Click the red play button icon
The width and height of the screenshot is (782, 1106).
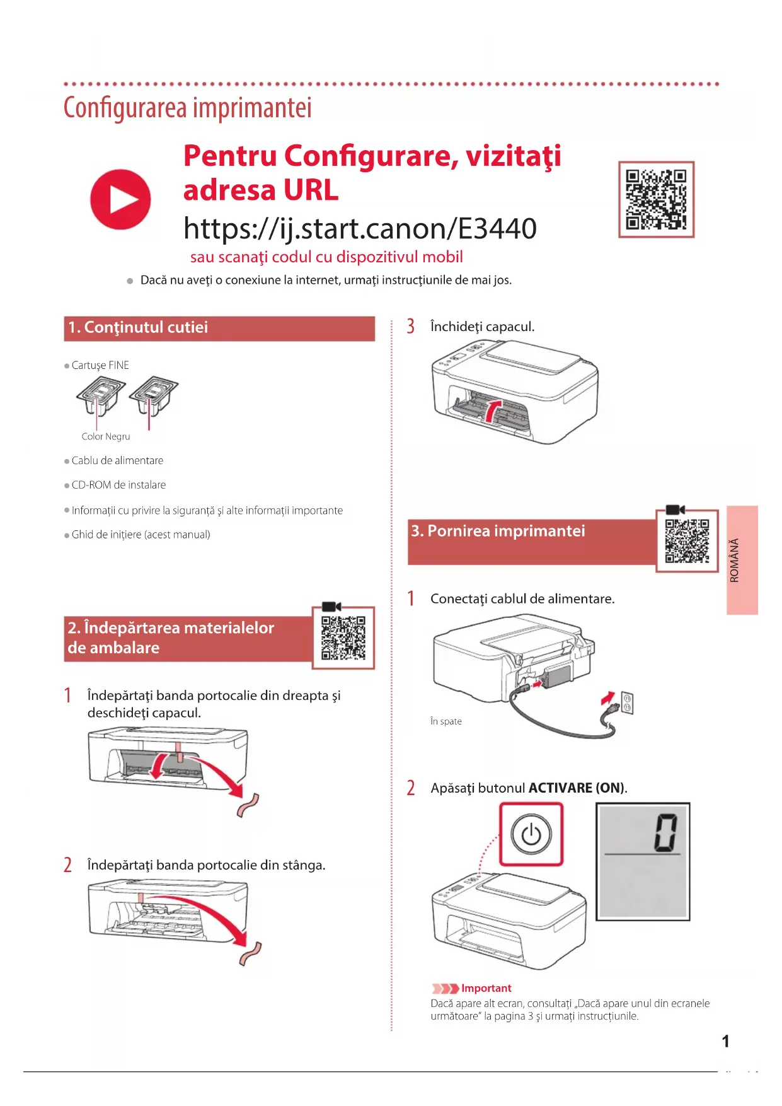(x=120, y=199)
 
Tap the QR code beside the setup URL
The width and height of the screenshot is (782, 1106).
(x=656, y=199)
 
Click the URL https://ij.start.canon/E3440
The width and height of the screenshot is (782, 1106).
(x=360, y=228)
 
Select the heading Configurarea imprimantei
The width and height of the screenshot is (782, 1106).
(x=187, y=108)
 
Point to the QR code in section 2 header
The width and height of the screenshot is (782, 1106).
(x=343, y=637)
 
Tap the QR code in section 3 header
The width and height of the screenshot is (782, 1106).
(x=687, y=540)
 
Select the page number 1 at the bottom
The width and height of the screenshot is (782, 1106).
(x=725, y=1041)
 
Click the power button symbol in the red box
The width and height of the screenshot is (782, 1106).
(x=531, y=834)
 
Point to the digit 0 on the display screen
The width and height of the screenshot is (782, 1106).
(x=666, y=832)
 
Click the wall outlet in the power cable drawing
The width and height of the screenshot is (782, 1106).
(x=627, y=702)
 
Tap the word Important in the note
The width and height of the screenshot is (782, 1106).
(x=486, y=988)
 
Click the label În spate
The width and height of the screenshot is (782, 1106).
(x=446, y=721)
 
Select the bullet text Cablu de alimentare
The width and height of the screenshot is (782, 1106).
(x=117, y=461)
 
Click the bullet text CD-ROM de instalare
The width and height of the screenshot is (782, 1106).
(x=118, y=485)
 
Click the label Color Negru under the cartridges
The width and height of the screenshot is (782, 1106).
(x=106, y=436)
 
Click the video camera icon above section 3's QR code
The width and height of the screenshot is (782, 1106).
(x=675, y=509)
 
